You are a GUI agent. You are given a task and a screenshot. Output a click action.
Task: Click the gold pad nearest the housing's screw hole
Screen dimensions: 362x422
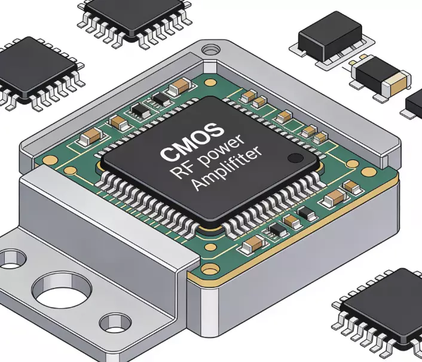point(210,83)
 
